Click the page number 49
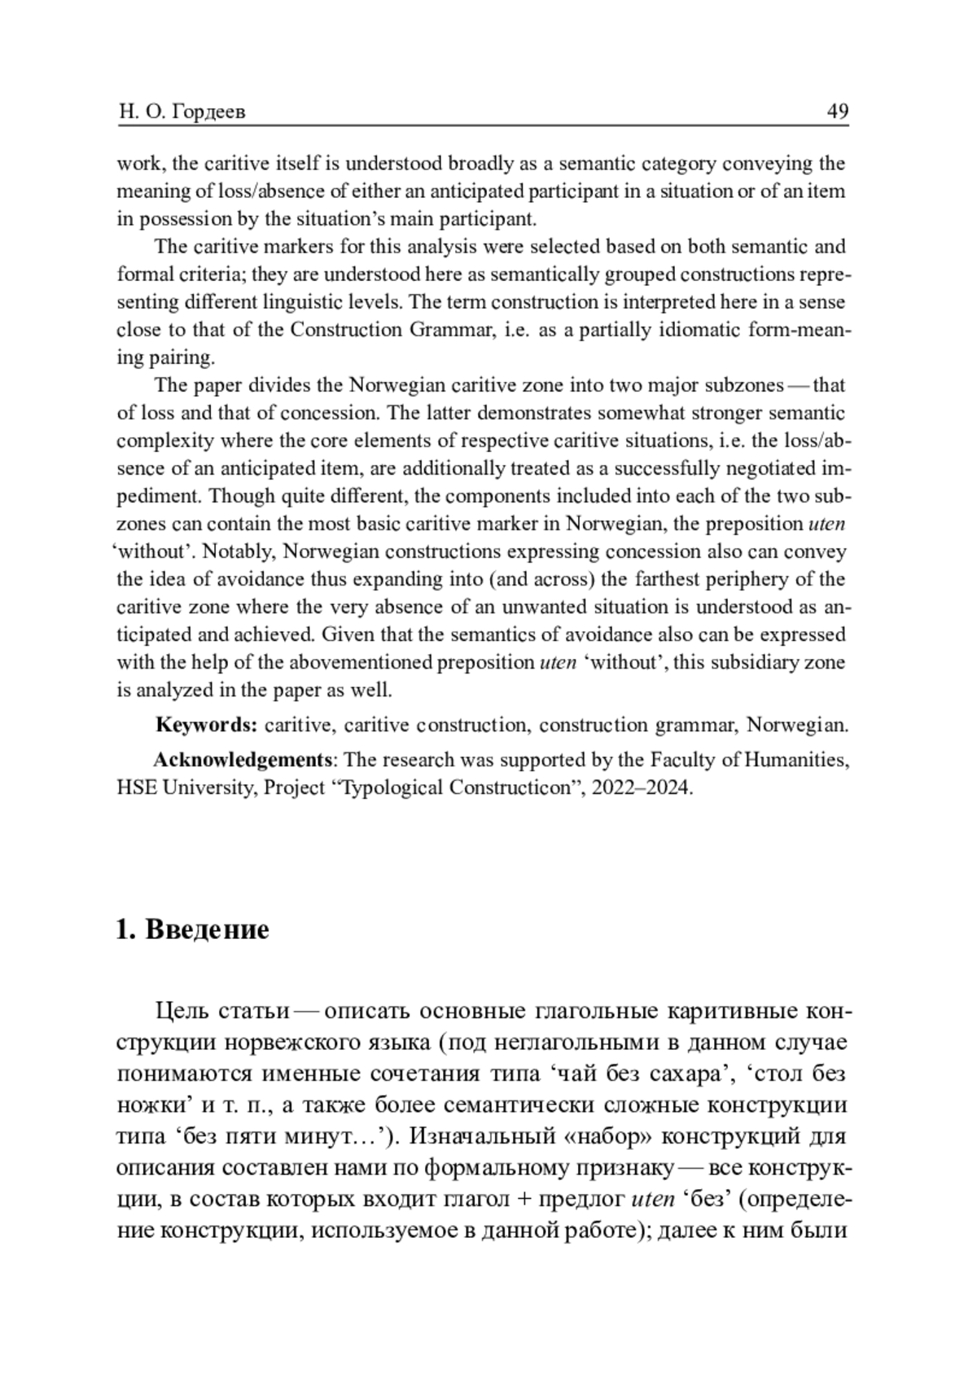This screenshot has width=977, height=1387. pos(837,111)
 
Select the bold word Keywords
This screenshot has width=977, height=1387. pos(207,725)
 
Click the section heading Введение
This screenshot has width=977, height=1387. pos(207,929)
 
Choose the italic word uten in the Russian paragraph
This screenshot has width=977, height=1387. pos(653,1198)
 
